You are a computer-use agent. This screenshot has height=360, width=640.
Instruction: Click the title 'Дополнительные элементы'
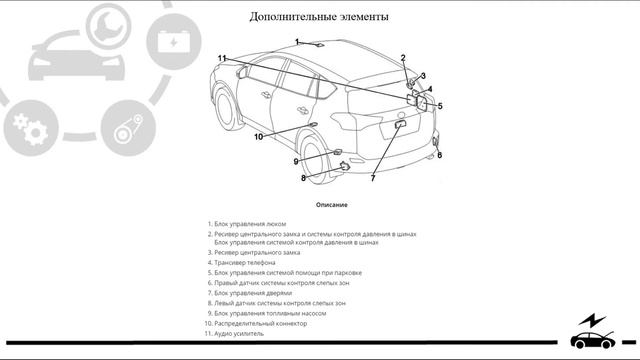click(319, 17)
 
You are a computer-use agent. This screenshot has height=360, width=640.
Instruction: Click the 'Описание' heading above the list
click(331, 205)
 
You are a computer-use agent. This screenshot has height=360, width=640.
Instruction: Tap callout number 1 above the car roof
click(297, 42)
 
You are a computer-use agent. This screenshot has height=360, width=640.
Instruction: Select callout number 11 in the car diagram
click(222, 58)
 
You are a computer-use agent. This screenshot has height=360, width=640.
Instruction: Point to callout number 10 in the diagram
click(258, 137)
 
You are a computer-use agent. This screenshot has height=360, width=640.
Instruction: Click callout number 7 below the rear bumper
click(373, 178)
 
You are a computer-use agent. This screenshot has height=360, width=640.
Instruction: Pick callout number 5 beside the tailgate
click(440, 106)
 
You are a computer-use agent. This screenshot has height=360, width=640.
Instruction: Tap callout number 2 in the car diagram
click(403, 58)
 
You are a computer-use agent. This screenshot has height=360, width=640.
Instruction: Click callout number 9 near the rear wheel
click(296, 162)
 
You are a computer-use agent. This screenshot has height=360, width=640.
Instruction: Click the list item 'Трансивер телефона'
click(241, 263)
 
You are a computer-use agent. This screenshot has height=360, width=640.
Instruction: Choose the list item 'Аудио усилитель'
click(234, 334)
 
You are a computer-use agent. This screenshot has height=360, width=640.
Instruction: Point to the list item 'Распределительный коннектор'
click(256, 324)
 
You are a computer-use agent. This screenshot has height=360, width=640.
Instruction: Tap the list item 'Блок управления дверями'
click(249, 293)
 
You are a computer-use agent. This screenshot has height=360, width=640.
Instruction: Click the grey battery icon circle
click(174, 42)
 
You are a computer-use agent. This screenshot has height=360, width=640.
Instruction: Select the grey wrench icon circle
click(109, 26)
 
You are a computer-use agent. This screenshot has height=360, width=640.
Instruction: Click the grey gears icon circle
click(31, 128)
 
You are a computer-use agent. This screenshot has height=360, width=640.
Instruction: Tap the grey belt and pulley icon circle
click(129, 128)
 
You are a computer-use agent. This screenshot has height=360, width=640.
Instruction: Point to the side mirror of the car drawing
click(242, 72)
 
